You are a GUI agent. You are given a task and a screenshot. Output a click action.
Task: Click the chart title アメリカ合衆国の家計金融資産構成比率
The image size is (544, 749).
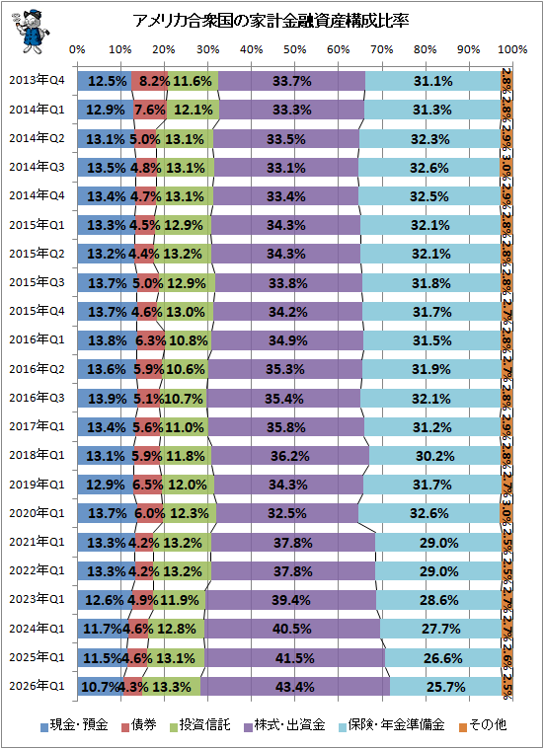pyautogui.click(x=271, y=22)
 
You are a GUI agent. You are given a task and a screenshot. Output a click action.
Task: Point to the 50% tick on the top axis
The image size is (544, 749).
pyautogui.click(x=294, y=49)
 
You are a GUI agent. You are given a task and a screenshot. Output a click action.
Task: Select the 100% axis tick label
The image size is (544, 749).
pyautogui.click(x=512, y=49)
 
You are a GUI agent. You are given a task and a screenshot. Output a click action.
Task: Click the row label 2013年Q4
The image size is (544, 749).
pyautogui.click(x=37, y=80)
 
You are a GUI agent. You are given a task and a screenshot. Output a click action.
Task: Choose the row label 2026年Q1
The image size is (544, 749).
pyautogui.click(x=37, y=687)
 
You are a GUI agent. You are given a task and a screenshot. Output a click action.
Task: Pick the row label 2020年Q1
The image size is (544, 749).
pyautogui.click(x=37, y=513)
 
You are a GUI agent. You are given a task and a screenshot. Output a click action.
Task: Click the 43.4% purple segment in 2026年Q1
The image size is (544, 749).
pyautogui.click(x=295, y=687)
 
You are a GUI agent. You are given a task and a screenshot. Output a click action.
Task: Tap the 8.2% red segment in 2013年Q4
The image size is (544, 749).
pyautogui.click(x=150, y=81)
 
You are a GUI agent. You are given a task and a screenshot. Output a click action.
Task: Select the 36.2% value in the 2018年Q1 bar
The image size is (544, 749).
pyautogui.click(x=289, y=456)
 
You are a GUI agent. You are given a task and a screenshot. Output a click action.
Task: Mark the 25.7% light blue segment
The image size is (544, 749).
pyautogui.click(x=445, y=687)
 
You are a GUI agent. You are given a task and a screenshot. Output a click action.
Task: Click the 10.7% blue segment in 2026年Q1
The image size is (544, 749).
pyautogui.click(x=101, y=687)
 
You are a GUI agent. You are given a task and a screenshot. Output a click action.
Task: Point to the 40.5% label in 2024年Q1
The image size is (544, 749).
pyautogui.click(x=291, y=629)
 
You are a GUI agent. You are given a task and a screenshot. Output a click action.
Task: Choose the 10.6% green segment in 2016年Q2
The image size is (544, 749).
pyautogui.click(x=185, y=369)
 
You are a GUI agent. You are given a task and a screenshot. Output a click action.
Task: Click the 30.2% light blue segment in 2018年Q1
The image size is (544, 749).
pyautogui.click(x=434, y=456)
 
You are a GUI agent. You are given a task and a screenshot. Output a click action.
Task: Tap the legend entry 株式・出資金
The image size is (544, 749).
pyautogui.click(x=284, y=724)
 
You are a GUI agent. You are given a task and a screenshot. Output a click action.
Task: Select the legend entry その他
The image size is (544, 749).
pyautogui.click(x=483, y=724)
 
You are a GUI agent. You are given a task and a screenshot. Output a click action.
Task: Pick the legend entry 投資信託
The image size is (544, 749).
pyautogui.click(x=199, y=724)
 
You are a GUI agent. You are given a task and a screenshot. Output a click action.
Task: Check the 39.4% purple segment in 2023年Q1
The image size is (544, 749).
pyautogui.click(x=291, y=600)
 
